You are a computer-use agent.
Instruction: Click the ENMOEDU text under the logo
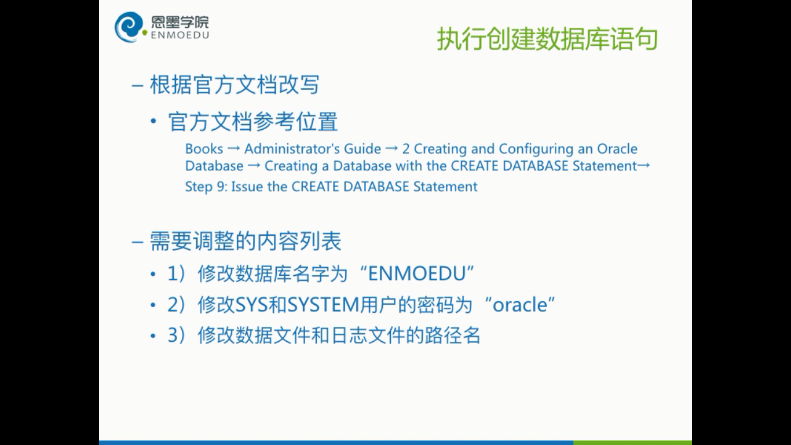tap(180, 35)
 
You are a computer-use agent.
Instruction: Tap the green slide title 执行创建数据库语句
tap(547, 39)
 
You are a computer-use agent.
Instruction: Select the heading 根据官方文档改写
tap(235, 85)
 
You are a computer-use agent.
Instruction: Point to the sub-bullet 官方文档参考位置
tap(253, 122)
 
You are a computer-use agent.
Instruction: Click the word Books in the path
tap(204, 149)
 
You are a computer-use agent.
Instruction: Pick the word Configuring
tap(536, 149)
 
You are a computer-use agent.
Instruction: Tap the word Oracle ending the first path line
tap(617, 149)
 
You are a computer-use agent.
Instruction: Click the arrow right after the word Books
tap(233, 149)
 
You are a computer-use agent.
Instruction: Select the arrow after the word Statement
tap(644, 165)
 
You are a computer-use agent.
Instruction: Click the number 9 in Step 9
tap(221, 187)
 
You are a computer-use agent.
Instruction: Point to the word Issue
tap(247, 187)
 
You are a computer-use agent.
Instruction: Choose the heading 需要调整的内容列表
tap(246, 242)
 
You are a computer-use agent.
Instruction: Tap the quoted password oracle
tap(520, 305)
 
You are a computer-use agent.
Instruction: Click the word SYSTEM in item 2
tap(324, 305)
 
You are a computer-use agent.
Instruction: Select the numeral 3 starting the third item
tap(172, 335)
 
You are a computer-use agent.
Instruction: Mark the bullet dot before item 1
tap(153, 274)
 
